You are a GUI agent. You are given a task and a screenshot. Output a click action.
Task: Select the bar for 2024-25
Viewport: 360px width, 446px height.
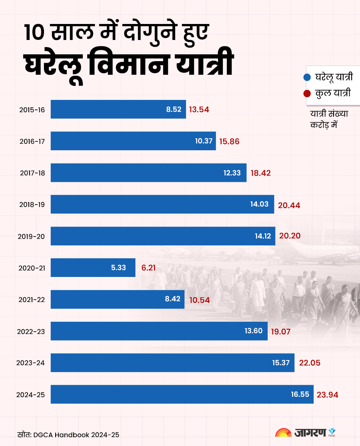tap(182, 394)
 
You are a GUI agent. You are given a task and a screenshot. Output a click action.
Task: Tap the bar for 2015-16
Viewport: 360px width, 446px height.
tap(118, 109)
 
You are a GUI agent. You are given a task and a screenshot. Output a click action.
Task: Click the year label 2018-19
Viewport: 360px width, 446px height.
tap(32, 205)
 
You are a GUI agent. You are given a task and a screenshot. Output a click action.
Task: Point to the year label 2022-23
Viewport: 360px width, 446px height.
tap(31, 331)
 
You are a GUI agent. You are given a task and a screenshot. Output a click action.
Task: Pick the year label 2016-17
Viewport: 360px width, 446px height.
tap(32, 141)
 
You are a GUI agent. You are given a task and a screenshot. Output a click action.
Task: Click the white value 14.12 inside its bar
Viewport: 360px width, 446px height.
tap(263, 236)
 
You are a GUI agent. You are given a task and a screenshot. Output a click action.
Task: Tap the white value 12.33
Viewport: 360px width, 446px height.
tap(232, 173)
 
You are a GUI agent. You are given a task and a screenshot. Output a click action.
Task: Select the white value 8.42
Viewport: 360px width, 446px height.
tap(173, 299)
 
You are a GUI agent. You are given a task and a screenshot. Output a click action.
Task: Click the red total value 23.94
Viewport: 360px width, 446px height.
tap(328, 395)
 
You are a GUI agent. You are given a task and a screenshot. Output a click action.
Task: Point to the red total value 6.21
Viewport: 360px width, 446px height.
tap(148, 268)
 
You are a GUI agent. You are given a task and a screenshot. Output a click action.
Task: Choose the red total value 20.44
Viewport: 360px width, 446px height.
tap(289, 205)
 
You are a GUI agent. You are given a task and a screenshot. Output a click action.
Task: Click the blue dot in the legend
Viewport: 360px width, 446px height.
tap(307, 77)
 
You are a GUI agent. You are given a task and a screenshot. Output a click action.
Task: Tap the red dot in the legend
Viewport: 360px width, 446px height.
tap(307, 94)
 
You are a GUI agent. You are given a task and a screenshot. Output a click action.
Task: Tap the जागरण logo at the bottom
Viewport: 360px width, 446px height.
tap(306, 434)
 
